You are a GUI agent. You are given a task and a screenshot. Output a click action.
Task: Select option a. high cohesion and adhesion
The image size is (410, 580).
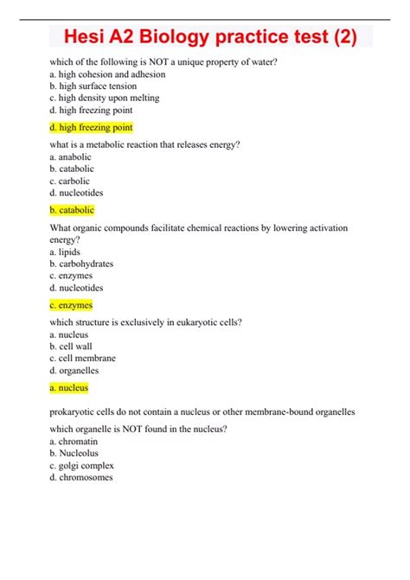tap(107, 74)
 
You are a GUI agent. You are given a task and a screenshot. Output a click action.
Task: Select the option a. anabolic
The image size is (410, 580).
tap(72, 157)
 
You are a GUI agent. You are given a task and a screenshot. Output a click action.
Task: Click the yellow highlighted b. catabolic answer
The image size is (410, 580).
tap(72, 210)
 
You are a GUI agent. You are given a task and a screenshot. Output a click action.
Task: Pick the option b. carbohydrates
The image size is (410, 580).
tap(81, 264)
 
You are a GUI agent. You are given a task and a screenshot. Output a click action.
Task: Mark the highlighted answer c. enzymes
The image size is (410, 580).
tap(71, 305)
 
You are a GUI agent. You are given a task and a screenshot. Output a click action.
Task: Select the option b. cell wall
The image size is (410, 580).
tap(71, 347)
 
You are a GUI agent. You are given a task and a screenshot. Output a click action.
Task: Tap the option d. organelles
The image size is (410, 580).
tap(74, 371)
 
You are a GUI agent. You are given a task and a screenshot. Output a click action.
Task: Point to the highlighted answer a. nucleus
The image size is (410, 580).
tap(69, 388)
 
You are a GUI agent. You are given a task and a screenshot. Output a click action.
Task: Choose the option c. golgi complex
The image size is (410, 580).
tap(81, 465)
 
